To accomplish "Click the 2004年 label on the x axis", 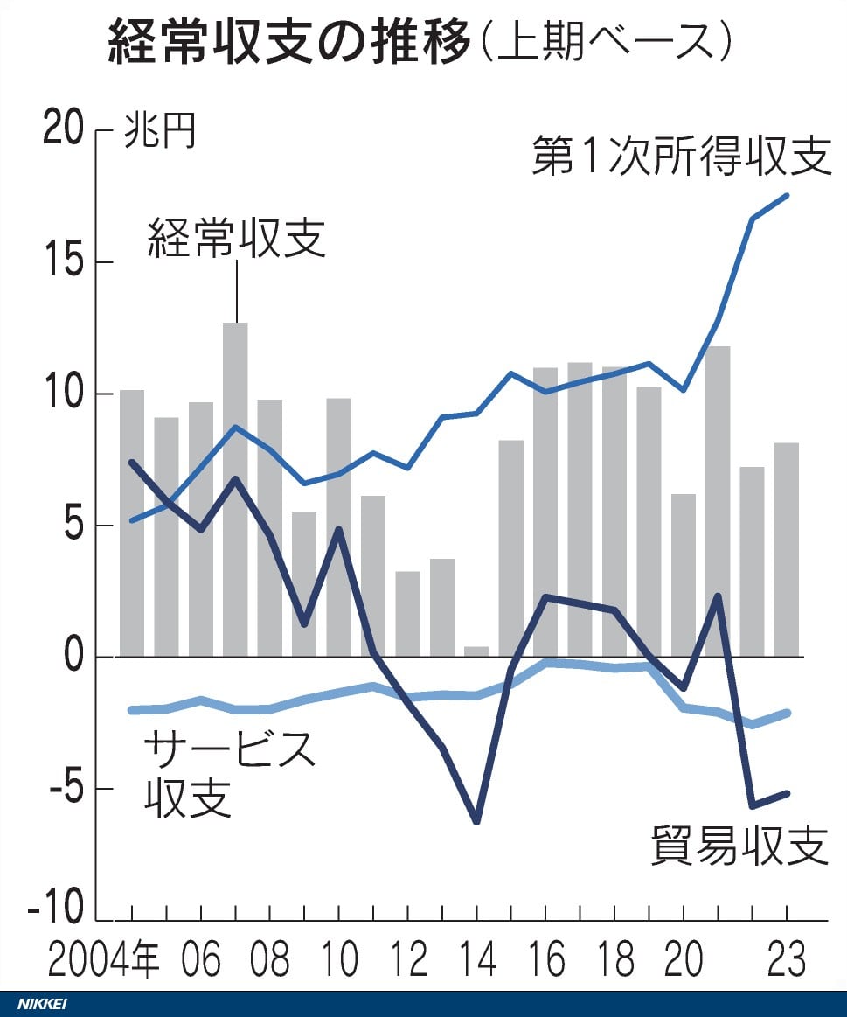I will pyautogui.click(x=103, y=960).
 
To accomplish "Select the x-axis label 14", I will pyautogui.click(x=476, y=960).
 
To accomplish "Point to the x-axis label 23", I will pyautogui.click(x=787, y=960).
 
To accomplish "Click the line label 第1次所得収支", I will pyautogui.click(x=681, y=157).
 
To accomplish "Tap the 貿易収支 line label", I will pyautogui.click(x=739, y=845).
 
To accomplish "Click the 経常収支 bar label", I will pyautogui.click(x=236, y=237).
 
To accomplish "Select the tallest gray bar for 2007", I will pyautogui.click(x=235, y=490).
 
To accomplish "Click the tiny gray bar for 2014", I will pyautogui.click(x=476, y=651).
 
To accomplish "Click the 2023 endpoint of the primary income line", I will pyautogui.click(x=787, y=195).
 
